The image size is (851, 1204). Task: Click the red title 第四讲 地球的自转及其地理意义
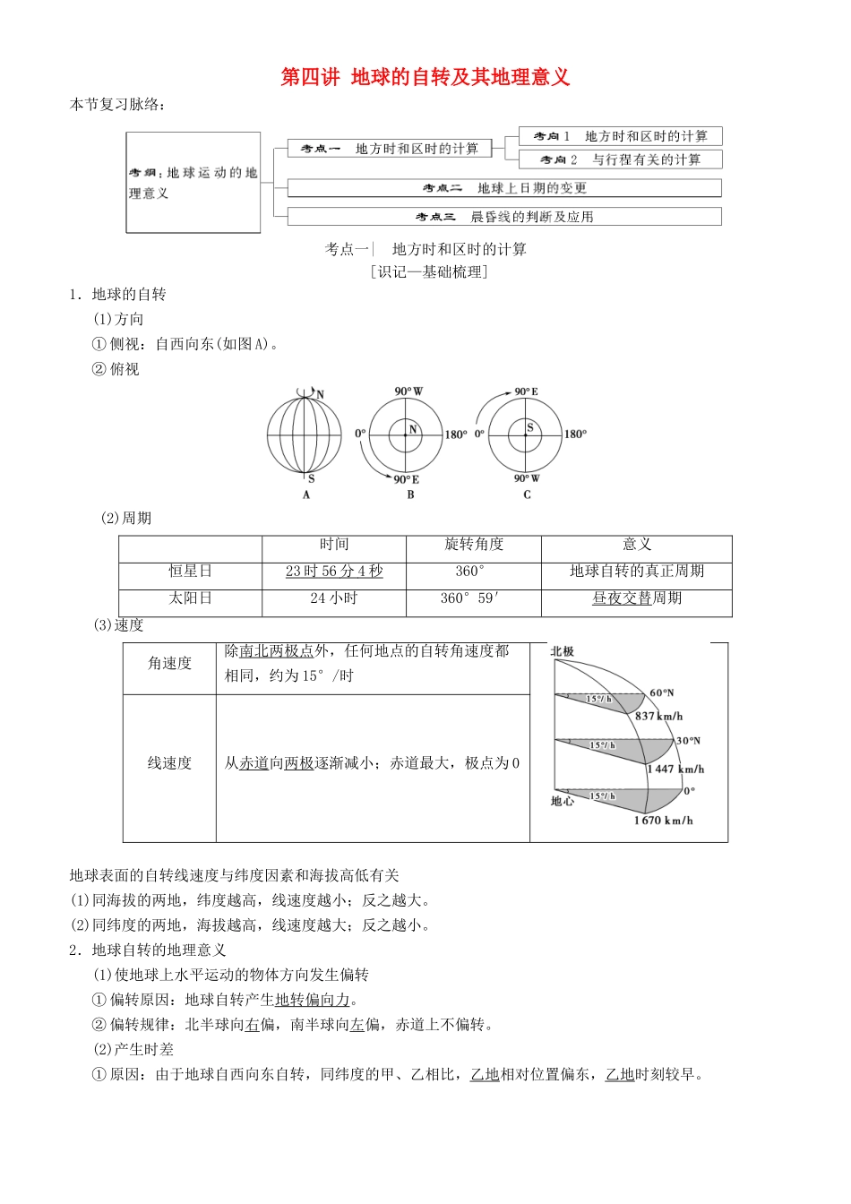[425, 77]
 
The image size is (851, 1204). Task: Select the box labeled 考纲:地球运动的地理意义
[193, 183]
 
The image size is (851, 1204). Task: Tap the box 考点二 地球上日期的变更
[504, 188]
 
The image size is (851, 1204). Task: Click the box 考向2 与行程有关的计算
[620, 159]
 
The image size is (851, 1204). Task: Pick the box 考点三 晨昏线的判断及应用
[504, 217]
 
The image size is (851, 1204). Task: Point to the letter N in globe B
[413, 429]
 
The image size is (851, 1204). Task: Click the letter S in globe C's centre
[529, 427]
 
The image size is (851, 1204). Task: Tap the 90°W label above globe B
[408, 391]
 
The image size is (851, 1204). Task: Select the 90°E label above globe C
[526, 391]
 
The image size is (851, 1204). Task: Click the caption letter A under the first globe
[306, 494]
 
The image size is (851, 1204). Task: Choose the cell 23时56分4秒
[334, 572]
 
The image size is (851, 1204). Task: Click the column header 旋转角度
[474, 545]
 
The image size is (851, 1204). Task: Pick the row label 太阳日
[190, 598]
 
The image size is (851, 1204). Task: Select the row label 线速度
[169, 763]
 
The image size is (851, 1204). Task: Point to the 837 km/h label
[658, 716]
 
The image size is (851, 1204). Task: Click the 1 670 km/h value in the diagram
[663, 820]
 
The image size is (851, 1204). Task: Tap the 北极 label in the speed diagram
[562, 651]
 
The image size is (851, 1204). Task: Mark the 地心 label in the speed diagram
[562, 801]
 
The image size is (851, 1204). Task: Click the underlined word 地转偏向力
[313, 1000]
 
